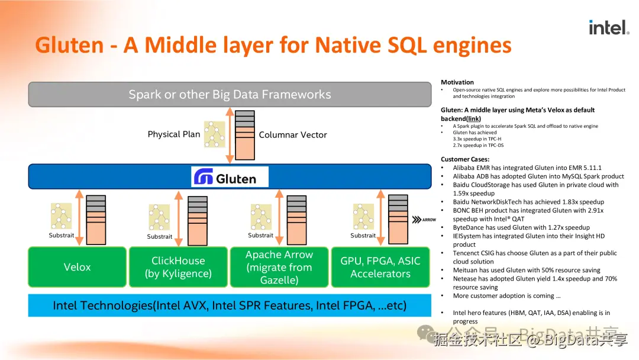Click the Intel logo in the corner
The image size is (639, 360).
(609, 27)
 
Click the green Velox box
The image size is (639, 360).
(78, 267)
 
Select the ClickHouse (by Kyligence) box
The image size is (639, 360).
(178, 267)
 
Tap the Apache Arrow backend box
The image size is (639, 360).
(279, 267)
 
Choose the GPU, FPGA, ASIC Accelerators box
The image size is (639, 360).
(380, 267)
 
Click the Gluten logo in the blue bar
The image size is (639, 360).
(230, 177)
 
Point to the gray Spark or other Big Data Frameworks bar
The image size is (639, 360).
(230, 94)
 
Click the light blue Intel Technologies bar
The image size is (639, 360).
(230, 306)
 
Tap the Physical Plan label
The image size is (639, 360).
(174, 134)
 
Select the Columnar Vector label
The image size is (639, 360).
(293, 135)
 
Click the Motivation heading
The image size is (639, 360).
(457, 82)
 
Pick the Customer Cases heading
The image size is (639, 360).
(465, 159)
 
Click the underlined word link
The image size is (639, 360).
(473, 118)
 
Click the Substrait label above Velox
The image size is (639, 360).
(62, 236)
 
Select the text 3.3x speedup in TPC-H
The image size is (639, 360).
(478, 139)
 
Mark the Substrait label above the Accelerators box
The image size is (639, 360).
(363, 236)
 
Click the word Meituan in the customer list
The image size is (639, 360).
(466, 270)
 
